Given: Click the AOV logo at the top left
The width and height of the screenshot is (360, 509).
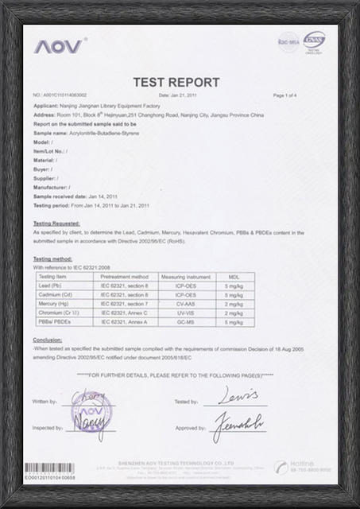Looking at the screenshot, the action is [x=57, y=47].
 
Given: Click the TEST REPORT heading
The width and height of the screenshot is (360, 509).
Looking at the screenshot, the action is [x=176, y=82].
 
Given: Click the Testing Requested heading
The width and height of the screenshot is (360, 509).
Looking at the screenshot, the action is [x=56, y=223].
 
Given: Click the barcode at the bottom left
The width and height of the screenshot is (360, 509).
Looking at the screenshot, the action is [x=49, y=468].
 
